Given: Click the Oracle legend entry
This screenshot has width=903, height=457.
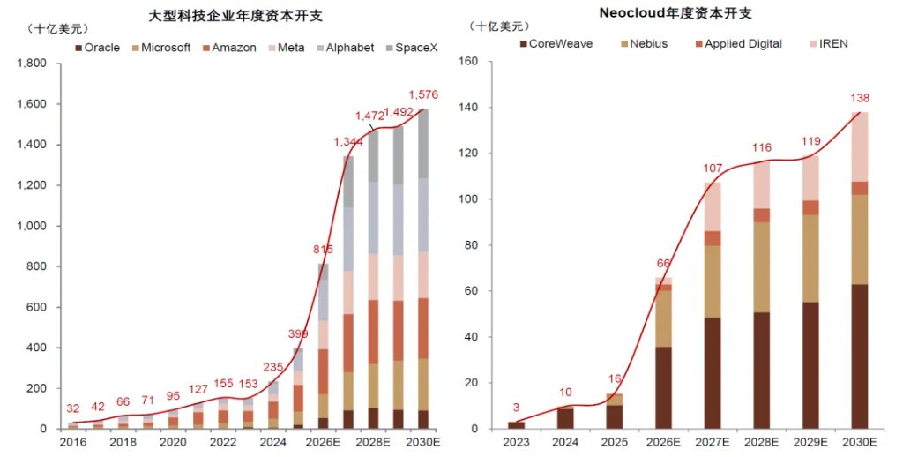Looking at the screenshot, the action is (97, 48).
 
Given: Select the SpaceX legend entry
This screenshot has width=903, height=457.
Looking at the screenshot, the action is (412, 48).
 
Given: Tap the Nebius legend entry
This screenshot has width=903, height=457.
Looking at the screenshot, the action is (643, 44).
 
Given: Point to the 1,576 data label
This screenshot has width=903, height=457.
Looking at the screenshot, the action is (424, 94).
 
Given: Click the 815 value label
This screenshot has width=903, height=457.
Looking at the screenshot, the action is (323, 250).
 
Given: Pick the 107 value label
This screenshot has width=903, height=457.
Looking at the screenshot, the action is (713, 169).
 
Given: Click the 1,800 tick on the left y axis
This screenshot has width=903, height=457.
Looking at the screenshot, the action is (33, 64).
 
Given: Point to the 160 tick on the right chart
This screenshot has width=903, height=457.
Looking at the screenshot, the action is (468, 61).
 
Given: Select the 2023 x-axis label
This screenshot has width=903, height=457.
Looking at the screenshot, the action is (516, 442).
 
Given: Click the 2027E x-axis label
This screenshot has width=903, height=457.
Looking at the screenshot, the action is (713, 442).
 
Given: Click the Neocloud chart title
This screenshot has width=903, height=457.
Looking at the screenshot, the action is (675, 13).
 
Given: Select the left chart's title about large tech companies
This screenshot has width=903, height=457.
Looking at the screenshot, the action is (236, 16).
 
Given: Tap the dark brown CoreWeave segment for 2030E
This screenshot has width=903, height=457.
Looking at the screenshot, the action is (859, 356).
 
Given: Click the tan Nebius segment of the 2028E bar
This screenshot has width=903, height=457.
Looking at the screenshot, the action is (761, 266).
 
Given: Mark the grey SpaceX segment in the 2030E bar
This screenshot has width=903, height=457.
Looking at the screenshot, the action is (423, 144).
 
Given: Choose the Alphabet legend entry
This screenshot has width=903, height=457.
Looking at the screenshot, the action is (345, 48).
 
